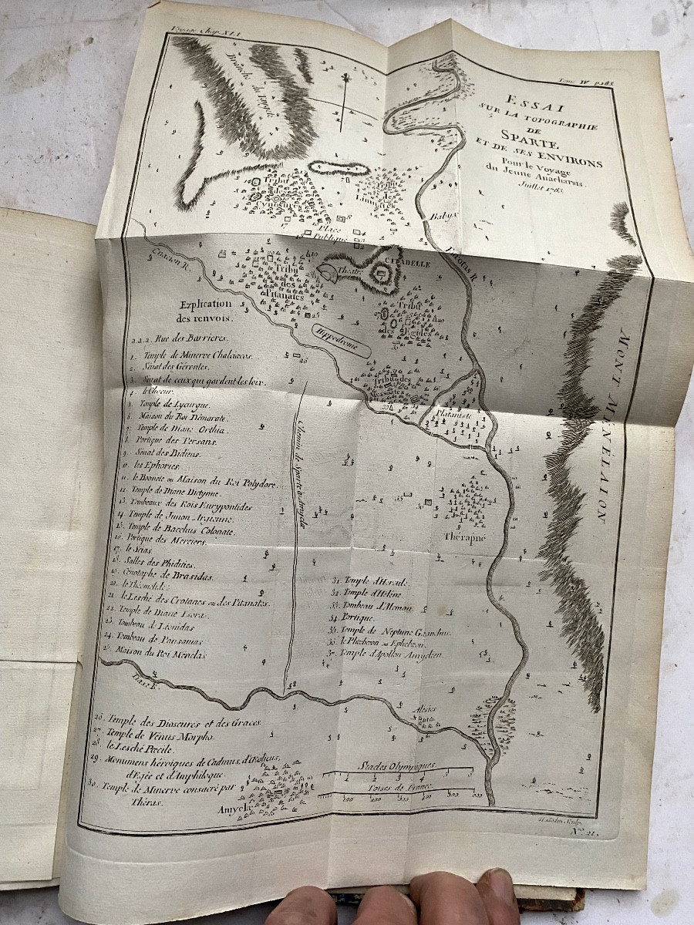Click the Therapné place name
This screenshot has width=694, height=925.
(x=465, y=537)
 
